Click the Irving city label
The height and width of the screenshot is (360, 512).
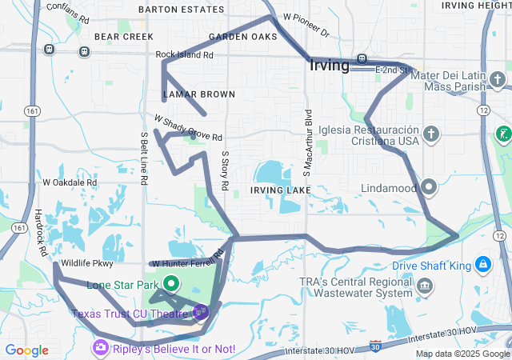[x=329, y=66]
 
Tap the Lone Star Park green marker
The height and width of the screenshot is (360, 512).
[x=171, y=283]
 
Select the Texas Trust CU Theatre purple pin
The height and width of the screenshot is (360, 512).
[x=200, y=311]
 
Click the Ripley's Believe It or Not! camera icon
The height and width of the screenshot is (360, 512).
[x=101, y=348]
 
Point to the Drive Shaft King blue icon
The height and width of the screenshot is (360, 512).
[x=484, y=264]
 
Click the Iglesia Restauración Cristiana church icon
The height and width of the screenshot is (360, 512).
[x=432, y=134]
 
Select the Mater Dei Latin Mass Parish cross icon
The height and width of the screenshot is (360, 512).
[x=498, y=80]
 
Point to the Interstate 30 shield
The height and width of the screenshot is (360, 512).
[x=376, y=346]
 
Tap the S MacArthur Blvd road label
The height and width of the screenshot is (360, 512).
[x=306, y=151]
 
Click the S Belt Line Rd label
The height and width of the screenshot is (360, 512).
[x=144, y=158]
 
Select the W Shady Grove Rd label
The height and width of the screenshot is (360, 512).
[x=188, y=128]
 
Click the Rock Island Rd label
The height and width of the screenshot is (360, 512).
[x=185, y=55]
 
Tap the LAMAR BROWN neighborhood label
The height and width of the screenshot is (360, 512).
[x=199, y=94]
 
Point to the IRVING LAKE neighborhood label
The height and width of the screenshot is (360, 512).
[x=279, y=190]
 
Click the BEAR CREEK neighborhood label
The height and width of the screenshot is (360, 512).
[x=123, y=37]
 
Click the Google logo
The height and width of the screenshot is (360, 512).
[x=26, y=350]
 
